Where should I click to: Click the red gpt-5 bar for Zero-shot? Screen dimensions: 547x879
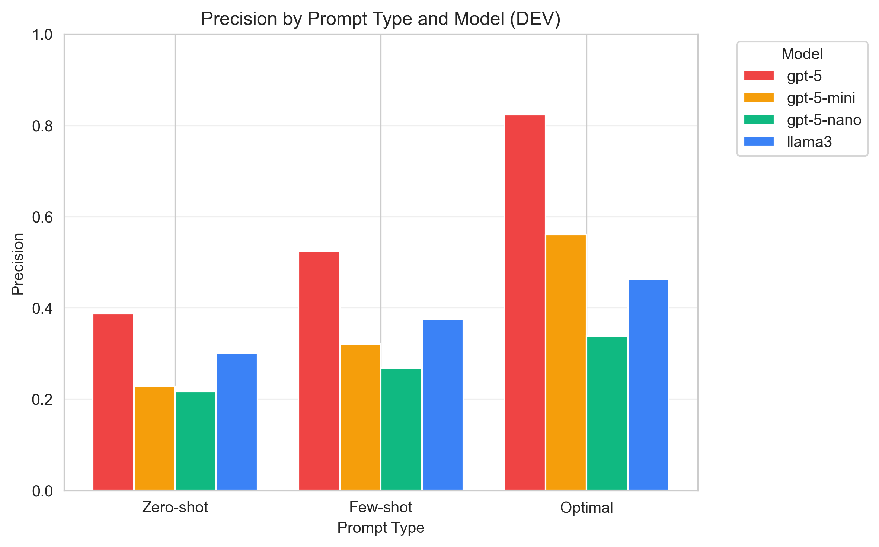(x=113, y=402)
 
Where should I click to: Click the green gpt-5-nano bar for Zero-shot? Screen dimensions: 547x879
(x=195, y=441)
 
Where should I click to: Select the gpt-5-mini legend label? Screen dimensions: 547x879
(x=821, y=98)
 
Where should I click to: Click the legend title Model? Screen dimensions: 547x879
(x=802, y=54)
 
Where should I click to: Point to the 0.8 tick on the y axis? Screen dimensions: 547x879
(x=42, y=126)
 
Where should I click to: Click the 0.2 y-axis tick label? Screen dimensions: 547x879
(x=42, y=400)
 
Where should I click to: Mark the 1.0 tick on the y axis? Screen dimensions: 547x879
(x=42, y=35)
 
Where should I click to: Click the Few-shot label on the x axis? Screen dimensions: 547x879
(x=380, y=508)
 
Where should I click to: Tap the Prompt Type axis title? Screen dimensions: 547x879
(x=380, y=528)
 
